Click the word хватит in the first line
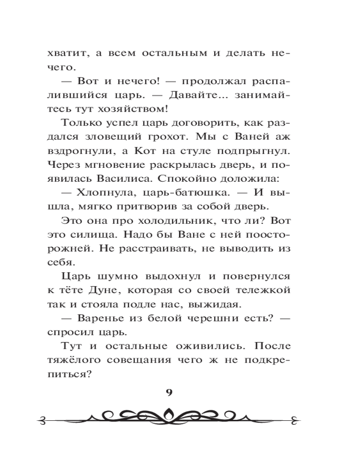[x=65, y=53]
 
